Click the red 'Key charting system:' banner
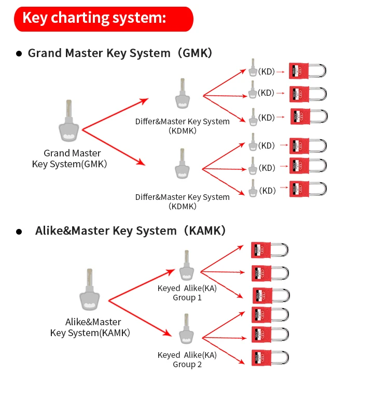click(103, 19)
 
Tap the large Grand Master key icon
click(68, 121)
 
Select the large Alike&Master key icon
click(90, 290)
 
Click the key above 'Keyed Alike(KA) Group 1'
click(187, 265)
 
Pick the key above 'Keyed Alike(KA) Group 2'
click(186, 329)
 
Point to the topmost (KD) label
click(267, 71)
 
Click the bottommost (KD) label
click(268, 191)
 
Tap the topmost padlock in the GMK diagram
click(308, 70)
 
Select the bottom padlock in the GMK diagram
click(308, 189)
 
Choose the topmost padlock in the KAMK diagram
click(270, 250)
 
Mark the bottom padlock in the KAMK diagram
click(270, 358)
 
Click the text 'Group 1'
click(187, 298)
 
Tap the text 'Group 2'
click(187, 365)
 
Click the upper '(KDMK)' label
click(183, 131)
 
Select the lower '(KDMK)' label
click(183, 206)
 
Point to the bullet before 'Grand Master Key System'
click(19, 53)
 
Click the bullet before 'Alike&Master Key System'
click(19, 232)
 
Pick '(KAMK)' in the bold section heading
click(205, 230)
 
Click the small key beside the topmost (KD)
click(253, 67)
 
